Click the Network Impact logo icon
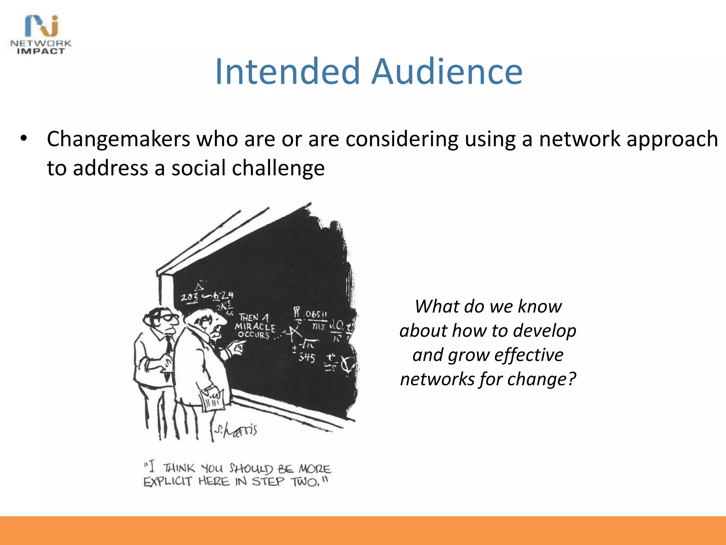pyautogui.click(x=42, y=26)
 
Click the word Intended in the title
pyautogui.click(x=287, y=72)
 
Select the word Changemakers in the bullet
pyautogui.click(x=118, y=139)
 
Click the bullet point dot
pyautogui.click(x=24, y=139)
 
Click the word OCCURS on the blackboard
pyautogui.click(x=254, y=335)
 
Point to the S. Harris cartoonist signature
pyautogui.click(x=236, y=430)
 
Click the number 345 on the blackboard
pyautogui.click(x=306, y=357)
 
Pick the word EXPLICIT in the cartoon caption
pyautogui.click(x=167, y=481)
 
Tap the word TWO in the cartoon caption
pyautogui.click(x=304, y=482)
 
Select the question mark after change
pyautogui.click(x=571, y=379)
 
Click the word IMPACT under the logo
pyautogui.click(x=41, y=51)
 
